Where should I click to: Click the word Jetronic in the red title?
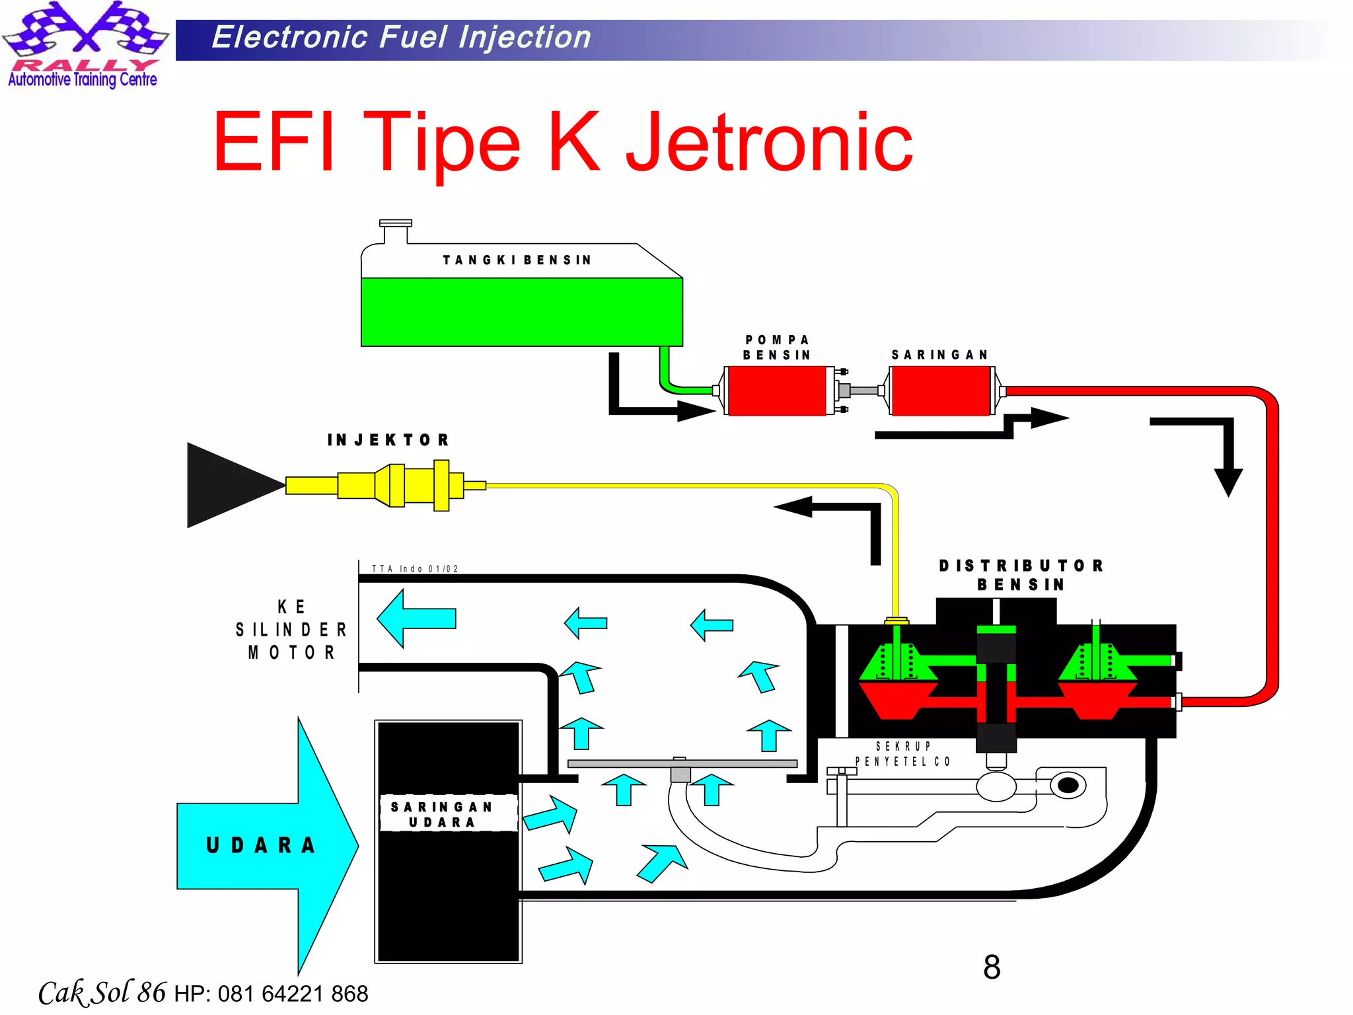(x=769, y=141)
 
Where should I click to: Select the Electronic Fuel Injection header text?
(x=401, y=37)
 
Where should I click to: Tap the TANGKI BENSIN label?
(x=517, y=260)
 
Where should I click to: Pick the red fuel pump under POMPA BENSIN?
(x=776, y=391)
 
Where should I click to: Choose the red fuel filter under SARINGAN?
(x=940, y=391)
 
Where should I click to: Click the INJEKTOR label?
(x=388, y=440)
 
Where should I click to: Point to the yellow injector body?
(x=396, y=486)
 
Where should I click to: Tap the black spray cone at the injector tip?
(x=228, y=485)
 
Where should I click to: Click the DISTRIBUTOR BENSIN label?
(x=1021, y=575)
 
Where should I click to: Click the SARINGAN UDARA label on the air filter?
(x=441, y=814)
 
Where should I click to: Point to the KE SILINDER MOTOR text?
(x=291, y=629)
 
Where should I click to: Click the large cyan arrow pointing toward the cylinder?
(x=416, y=619)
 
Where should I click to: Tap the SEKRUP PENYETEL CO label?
(x=902, y=754)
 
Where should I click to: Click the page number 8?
(x=991, y=967)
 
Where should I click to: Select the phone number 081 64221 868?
(x=293, y=993)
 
